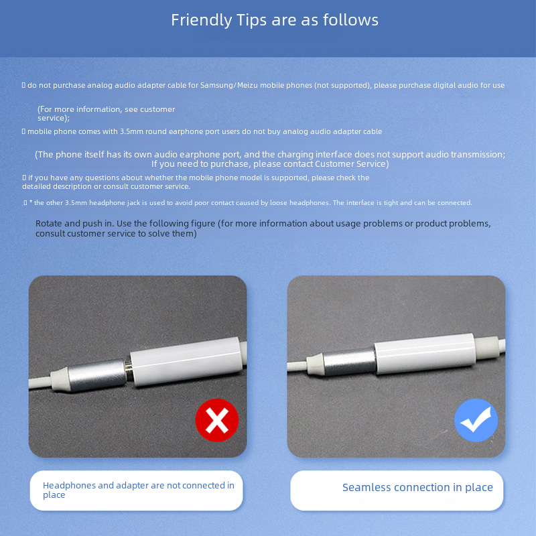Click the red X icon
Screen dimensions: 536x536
click(x=216, y=420)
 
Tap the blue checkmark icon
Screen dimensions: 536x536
click(x=476, y=420)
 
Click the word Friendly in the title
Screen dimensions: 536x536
click(x=202, y=20)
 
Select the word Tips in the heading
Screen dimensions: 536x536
click(x=251, y=20)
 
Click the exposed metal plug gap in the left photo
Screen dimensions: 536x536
click(x=129, y=371)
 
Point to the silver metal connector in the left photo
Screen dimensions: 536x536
click(x=97, y=375)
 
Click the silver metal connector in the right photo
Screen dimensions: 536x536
click(x=349, y=362)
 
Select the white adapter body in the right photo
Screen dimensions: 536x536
click(x=425, y=354)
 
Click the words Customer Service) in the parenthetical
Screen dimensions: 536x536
click(x=352, y=164)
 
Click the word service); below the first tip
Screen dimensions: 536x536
click(x=54, y=119)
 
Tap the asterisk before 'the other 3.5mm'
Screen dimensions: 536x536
click(x=31, y=202)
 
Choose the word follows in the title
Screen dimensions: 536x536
click(x=350, y=20)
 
